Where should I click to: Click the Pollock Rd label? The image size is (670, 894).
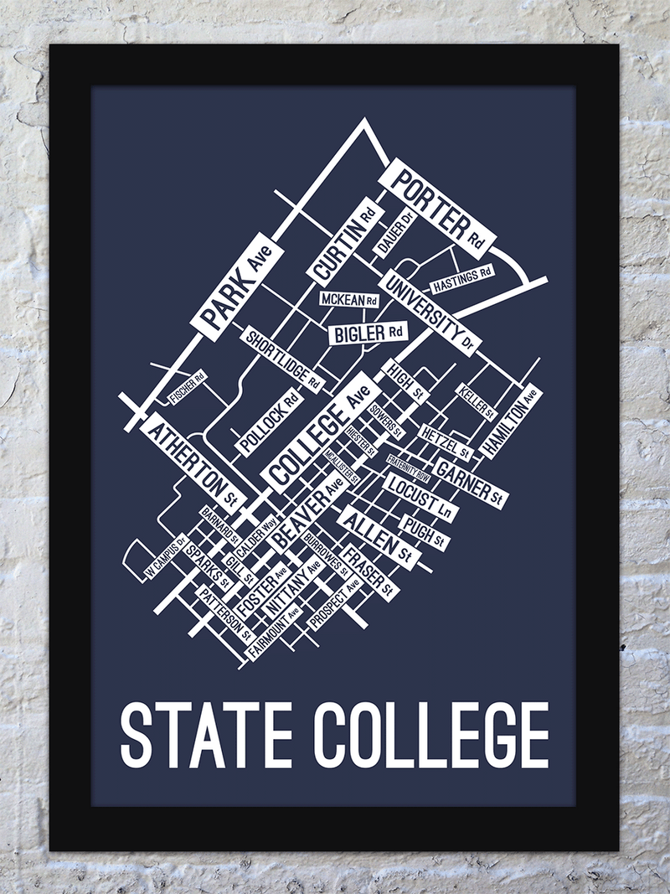[267, 424]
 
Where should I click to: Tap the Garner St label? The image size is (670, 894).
[470, 482]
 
